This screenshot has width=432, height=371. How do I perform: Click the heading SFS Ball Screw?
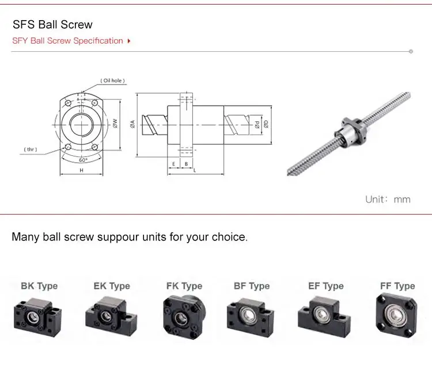click(x=52, y=25)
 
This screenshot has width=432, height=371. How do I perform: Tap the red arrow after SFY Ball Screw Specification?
click(x=128, y=41)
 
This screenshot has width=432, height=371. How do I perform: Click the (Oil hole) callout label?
click(x=113, y=81)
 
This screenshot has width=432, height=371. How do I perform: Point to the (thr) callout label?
click(x=31, y=150)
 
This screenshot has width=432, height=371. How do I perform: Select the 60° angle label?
click(x=84, y=159)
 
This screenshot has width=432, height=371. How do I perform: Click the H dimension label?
click(x=81, y=171)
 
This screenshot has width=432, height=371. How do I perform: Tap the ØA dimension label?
click(x=132, y=123)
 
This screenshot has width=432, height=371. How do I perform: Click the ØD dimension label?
click(x=265, y=123)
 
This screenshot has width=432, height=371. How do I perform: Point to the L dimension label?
click(x=195, y=170)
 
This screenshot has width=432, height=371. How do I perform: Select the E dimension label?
click(x=173, y=163)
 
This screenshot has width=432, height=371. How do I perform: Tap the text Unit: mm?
click(x=388, y=199)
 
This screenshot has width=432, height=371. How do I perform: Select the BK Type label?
click(x=39, y=286)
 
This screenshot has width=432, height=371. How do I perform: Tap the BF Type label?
click(x=252, y=286)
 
